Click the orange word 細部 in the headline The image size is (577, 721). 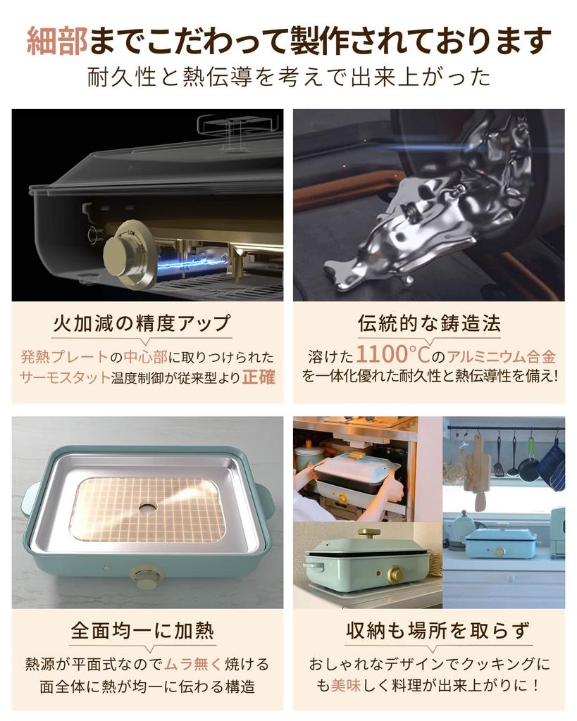57,42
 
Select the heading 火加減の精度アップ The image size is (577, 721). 142,323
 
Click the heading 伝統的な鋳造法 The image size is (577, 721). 429,323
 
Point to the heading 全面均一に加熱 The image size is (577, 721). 142,630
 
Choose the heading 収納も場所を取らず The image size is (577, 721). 429,630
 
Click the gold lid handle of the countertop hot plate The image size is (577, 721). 368,533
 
